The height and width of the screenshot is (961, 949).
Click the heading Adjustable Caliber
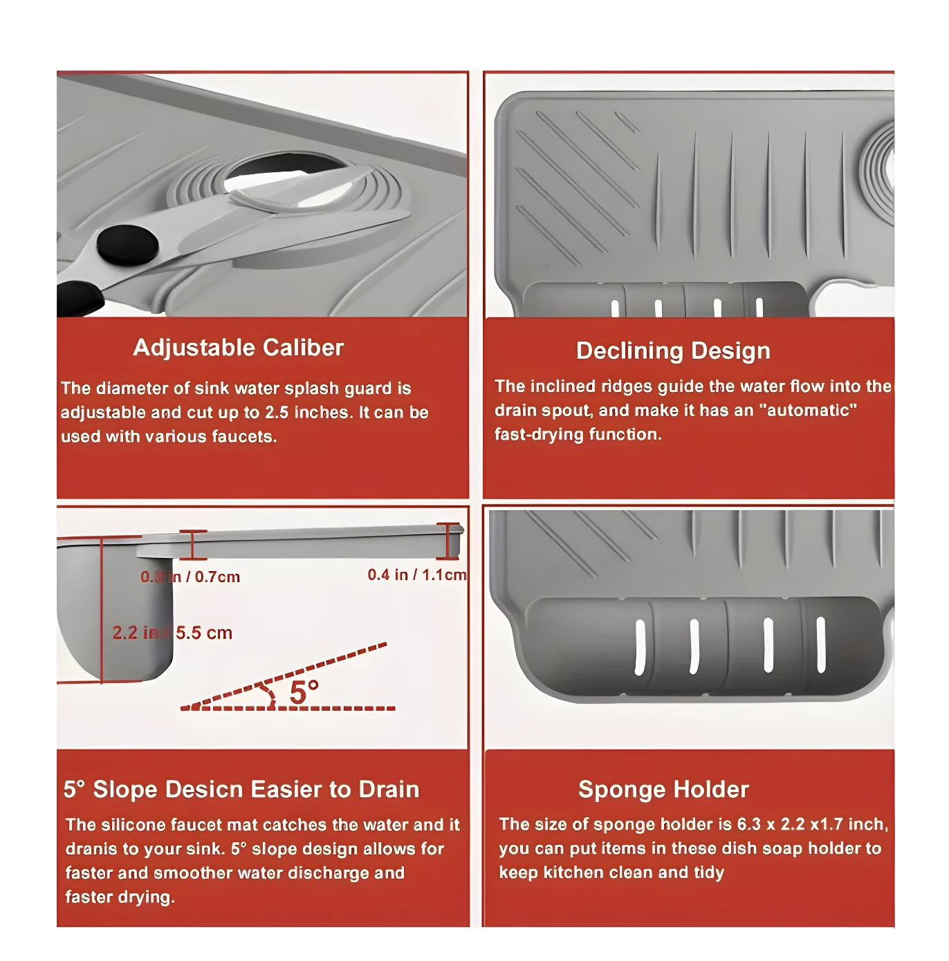tap(238, 348)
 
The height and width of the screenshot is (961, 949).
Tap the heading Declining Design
tap(672, 351)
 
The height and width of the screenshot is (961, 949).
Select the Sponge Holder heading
tap(663, 790)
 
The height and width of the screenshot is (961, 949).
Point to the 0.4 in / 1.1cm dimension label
tap(416, 575)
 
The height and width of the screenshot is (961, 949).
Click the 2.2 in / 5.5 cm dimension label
tap(172, 633)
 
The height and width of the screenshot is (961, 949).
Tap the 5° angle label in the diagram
tap(304, 692)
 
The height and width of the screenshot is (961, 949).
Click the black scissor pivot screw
tap(127, 244)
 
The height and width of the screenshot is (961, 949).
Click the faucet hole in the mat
tap(287, 176)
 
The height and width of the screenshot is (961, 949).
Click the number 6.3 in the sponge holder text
tap(748, 825)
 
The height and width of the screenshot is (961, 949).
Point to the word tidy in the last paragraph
tap(708, 873)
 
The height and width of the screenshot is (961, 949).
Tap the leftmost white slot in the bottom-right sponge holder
tap(640, 647)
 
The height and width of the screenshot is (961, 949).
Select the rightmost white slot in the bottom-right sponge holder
tap(821, 644)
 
